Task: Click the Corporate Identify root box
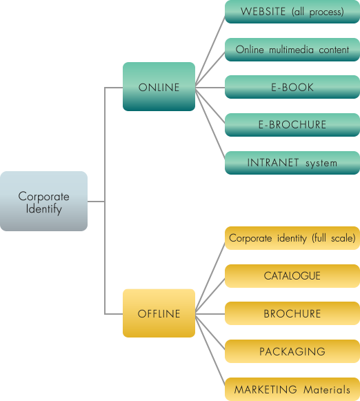(x=43, y=201)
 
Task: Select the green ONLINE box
(x=159, y=86)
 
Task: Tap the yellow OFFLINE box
(x=159, y=313)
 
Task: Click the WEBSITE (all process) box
(x=292, y=12)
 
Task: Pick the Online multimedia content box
(x=292, y=50)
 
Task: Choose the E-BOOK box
(x=292, y=87)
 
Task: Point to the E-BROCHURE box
(x=292, y=125)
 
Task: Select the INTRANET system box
(x=292, y=163)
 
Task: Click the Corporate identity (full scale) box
(x=292, y=238)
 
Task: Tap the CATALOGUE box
(x=292, y=276)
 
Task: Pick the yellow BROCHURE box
(x=292, y=313)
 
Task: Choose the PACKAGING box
(x=292, y=351)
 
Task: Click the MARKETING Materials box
(x=292, y=389)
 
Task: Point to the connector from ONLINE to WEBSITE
(x=210, y=51)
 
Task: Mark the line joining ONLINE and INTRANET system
(x=210, y=123)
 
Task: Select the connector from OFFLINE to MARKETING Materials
(x=210, y=349)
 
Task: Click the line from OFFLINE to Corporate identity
(x=210, y=277)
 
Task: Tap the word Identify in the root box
(x=44, y=209)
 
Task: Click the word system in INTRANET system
(x=321, y=164)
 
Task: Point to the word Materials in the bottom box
(x=326, y=390)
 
